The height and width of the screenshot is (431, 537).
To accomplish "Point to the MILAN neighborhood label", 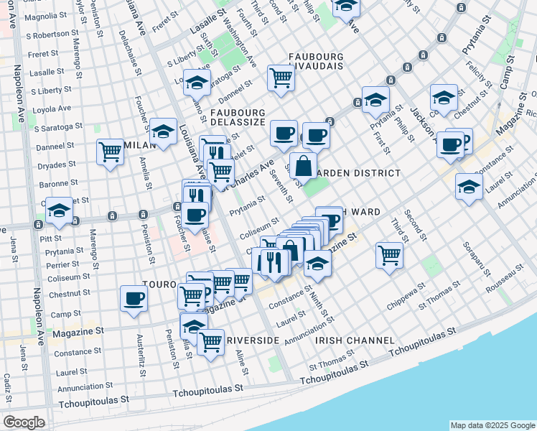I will (139, 145).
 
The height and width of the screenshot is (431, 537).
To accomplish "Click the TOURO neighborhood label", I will (159, 284).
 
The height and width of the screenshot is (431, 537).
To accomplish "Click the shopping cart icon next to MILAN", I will (111, 151).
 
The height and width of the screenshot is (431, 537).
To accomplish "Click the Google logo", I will (24, 422).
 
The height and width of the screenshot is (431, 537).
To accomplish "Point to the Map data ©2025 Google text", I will (492, 425).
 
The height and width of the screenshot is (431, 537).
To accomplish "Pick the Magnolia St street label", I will (45, 16).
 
